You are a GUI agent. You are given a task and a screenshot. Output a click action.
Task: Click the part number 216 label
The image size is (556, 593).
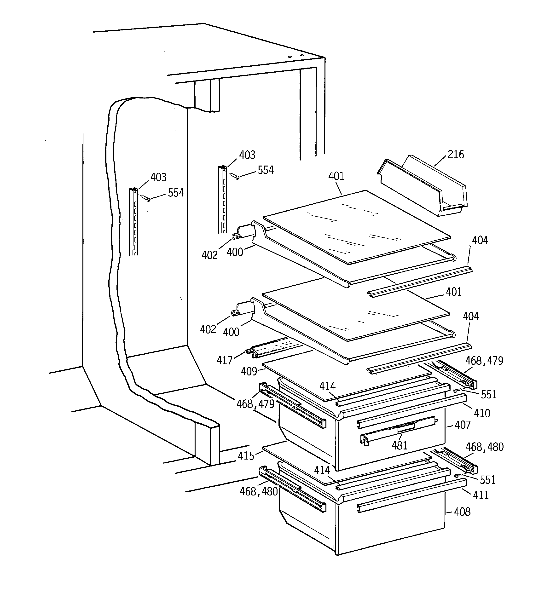(x=456, y=155)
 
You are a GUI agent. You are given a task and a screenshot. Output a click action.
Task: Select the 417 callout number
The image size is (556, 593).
(x=224, y=361)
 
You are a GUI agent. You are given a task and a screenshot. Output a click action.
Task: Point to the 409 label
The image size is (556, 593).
(x=249, y=371)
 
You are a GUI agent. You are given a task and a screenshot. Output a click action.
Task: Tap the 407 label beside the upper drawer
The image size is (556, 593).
(x=463, y=425)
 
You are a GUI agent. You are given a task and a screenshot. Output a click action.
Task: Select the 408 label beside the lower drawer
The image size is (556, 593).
(x=462, y=512)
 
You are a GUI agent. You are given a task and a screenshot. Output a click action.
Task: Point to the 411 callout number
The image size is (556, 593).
(x=481, y=495)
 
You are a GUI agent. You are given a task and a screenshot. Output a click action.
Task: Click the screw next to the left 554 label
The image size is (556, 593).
(x=147, y=199)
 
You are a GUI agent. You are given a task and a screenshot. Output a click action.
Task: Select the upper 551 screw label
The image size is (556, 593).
(x=489, y=395)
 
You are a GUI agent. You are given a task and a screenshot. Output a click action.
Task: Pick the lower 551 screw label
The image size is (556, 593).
(x=488, y=480)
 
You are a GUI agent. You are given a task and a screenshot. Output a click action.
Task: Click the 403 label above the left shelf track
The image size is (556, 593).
(x=158, y=178)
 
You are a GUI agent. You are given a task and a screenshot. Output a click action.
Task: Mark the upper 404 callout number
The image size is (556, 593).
(x=480, y=240)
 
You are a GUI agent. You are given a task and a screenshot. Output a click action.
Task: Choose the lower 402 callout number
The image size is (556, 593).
(x=208, y=329)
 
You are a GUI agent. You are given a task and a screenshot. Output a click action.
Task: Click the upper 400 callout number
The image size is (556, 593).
(x=235, y=252)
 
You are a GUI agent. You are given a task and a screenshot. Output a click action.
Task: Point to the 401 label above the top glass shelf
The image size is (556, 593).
(x=336, y=176)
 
